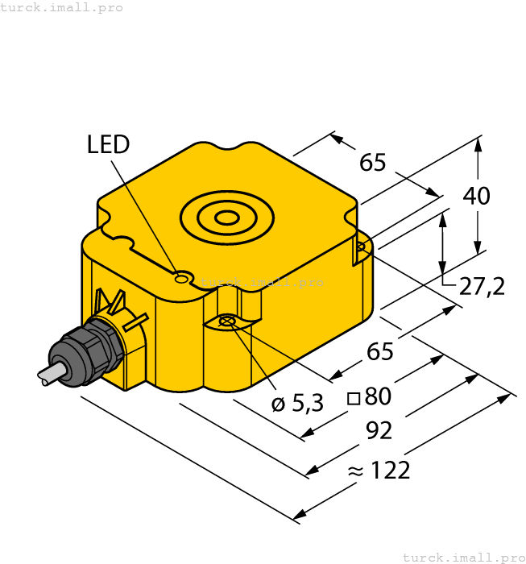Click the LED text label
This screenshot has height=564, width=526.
coord(108,145)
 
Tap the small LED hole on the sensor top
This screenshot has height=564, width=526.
coord(182,279)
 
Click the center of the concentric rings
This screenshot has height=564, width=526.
coord(227,217)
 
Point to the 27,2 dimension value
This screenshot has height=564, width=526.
coord(483,285)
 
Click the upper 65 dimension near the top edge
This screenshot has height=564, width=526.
coord(373,163)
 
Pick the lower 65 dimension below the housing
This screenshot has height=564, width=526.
coord(380,351)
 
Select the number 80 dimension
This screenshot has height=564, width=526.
coord(378,396)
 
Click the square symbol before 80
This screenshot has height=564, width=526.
coord(353,398)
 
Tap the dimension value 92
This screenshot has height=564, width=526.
coord(379,431)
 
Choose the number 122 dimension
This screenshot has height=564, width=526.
coord(390,470)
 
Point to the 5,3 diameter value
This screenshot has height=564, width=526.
coord(307,404)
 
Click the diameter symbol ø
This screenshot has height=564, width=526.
coord(278,404)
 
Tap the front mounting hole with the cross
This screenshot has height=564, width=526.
coord(227,322)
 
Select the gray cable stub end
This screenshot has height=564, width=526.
coord(47,376)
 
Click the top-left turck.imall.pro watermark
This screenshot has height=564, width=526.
coord(62,7)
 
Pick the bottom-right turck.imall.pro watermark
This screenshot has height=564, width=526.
coord(463,557)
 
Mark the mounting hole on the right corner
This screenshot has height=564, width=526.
coord(361,247)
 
